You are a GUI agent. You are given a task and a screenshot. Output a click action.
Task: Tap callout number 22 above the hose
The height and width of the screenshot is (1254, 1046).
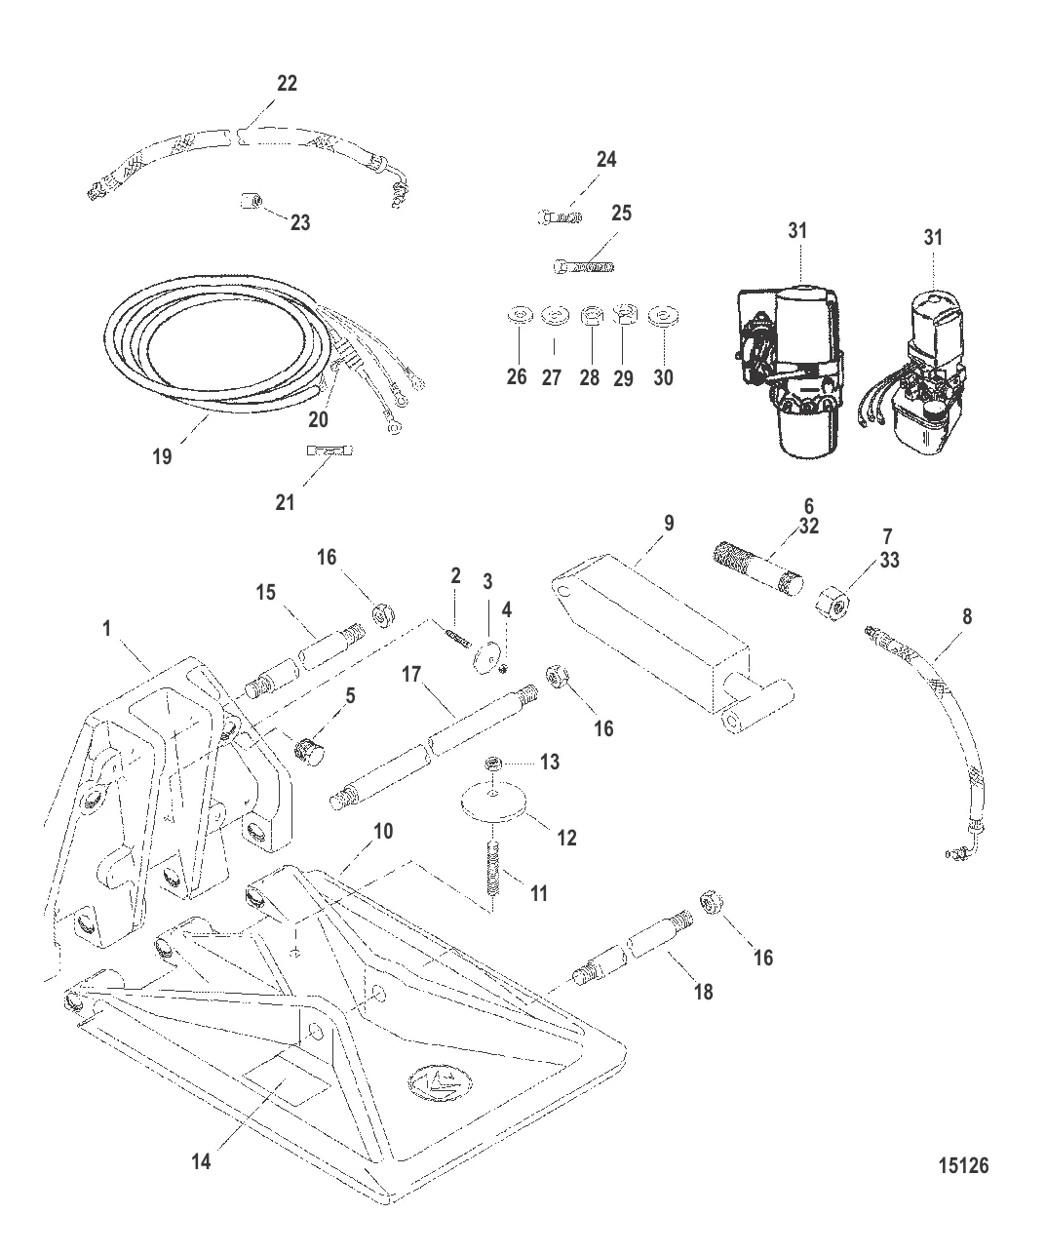coord(286,84)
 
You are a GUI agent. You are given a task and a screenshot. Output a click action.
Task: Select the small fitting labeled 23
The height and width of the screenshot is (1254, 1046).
coord(248,203)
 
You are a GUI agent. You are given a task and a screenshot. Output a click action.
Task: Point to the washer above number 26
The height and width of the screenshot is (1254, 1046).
coord(518,316)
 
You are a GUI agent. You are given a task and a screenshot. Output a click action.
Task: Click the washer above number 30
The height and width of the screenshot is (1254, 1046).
coord(665,316)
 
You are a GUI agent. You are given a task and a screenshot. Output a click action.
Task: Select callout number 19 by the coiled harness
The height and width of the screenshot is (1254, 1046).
coord(163,455)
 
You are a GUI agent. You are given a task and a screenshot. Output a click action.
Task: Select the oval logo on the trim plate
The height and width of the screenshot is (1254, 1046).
coord(440,1079)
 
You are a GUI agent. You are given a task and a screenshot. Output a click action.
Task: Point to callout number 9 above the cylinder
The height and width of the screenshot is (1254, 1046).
coord(668,523)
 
